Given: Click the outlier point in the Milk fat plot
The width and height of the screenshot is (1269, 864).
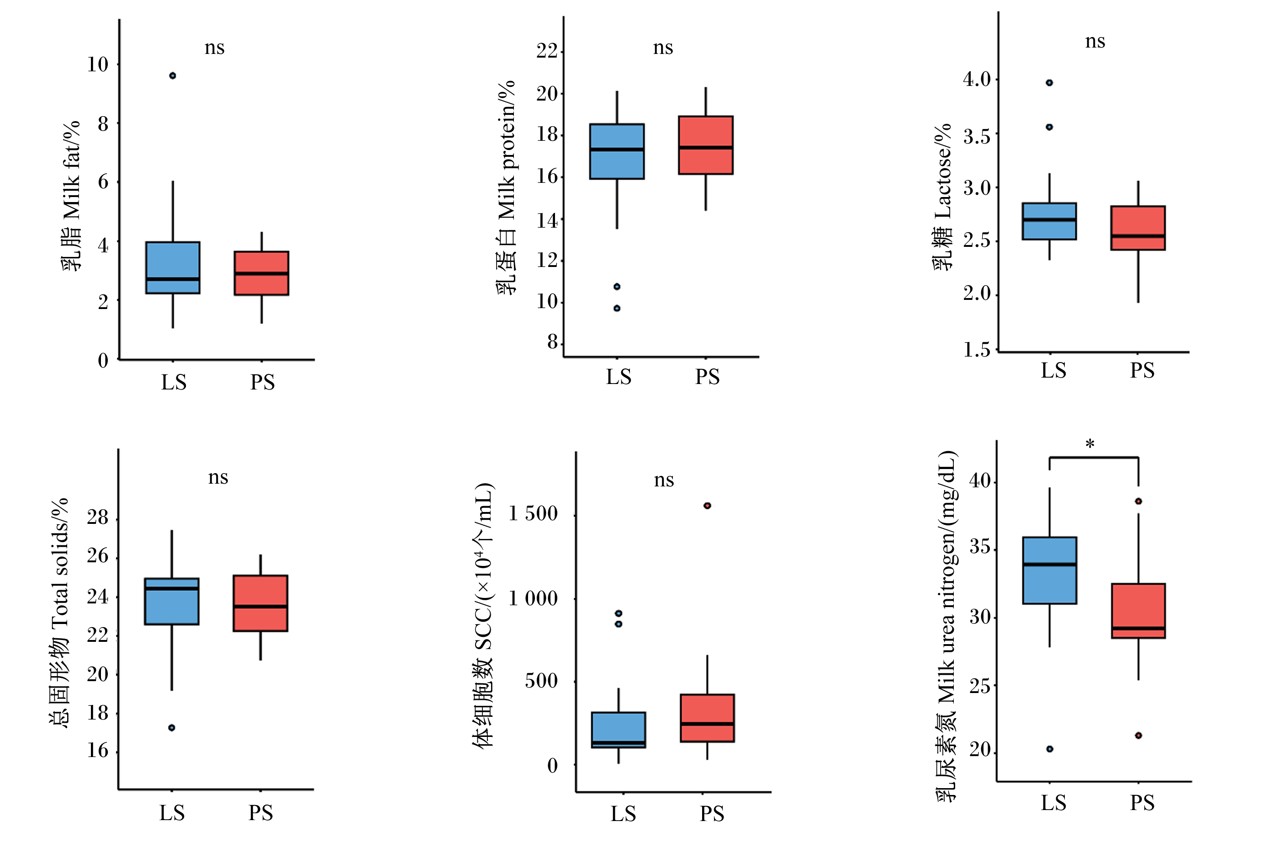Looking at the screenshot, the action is [x=173, y=76].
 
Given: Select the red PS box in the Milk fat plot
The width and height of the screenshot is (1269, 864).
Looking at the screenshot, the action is [x=262, y=273].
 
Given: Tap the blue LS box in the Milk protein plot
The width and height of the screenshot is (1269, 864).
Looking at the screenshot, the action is [x=617, y=151].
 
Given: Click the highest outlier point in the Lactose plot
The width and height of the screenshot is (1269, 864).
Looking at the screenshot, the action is [x=1049, y=83].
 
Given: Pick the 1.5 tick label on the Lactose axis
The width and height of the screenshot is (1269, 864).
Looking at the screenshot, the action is [x=977, y=349].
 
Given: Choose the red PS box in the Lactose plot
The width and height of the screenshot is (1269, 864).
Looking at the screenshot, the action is [x=1138, y=228].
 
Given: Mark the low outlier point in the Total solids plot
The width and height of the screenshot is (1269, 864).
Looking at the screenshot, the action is [x=171, y=728].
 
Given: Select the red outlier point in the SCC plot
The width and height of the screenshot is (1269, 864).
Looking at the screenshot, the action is [x=707, y=506].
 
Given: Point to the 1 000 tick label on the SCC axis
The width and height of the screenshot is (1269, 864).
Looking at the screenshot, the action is [x=533, y=598].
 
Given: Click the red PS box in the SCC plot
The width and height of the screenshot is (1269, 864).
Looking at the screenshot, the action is [x=707, y=718].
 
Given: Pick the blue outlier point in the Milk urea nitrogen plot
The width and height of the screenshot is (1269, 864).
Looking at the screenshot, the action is [x=1049, y=749].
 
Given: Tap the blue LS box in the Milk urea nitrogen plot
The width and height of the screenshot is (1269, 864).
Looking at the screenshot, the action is [x=1049, y=571].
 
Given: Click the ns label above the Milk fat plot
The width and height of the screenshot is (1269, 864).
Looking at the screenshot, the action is [x=215, y=48].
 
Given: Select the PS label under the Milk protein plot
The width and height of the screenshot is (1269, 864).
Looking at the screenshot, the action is [x=707, y=377].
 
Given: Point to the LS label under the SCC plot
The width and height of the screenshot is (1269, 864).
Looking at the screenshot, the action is [x=623, y=814].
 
